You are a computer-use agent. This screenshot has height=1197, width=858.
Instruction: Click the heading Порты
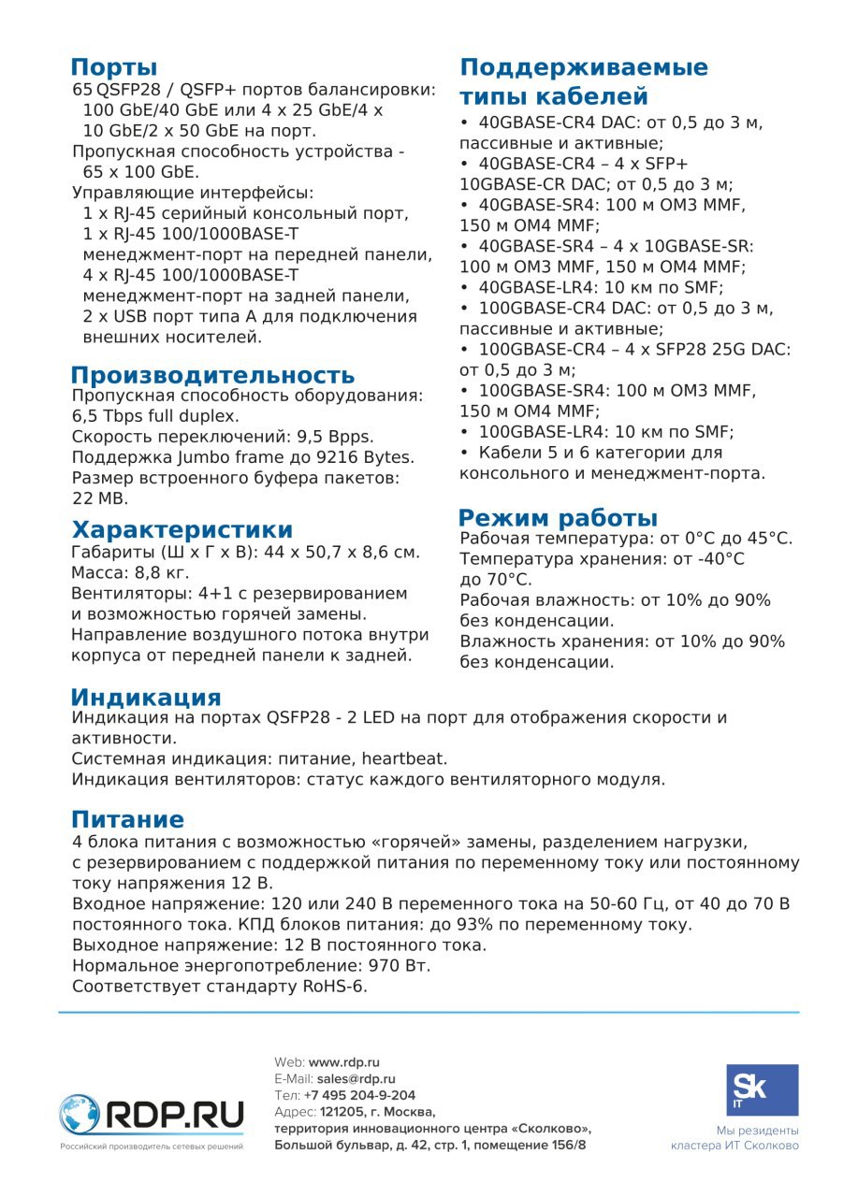114,67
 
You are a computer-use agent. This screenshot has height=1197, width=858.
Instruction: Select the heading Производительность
212,376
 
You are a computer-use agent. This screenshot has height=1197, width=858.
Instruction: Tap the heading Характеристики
182,530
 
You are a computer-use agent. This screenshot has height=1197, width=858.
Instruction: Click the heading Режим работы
558,518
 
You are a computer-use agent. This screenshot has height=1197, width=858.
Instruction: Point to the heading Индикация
146,698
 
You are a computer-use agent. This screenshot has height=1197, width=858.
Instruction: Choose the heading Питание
127,820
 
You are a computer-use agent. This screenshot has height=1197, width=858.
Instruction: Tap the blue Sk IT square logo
763,1090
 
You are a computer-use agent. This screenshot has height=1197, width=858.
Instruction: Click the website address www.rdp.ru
343,1062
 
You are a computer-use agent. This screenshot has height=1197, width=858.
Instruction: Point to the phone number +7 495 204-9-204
359,1095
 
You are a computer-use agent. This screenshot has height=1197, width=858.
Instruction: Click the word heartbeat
404,758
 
